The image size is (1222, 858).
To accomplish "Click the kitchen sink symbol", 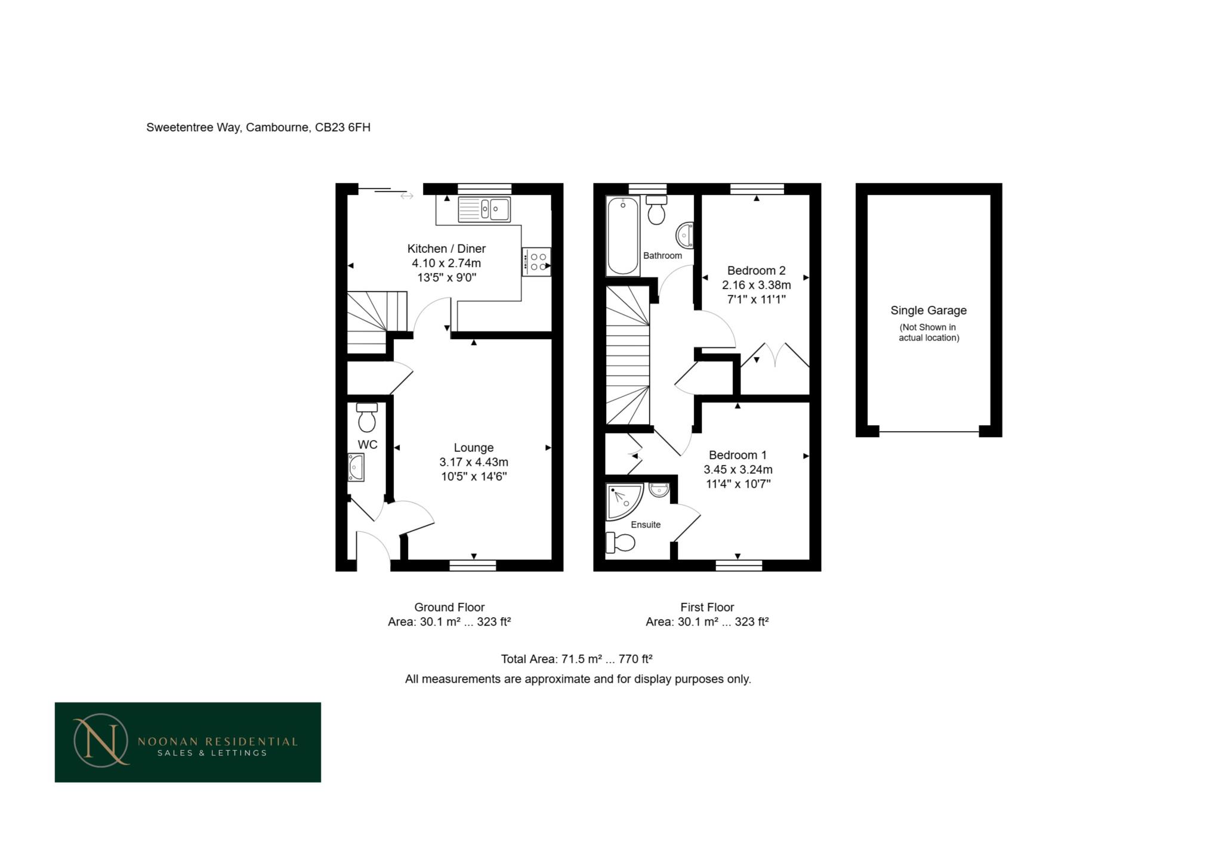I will (484, 209).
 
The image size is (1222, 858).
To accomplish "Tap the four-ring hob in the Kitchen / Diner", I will (536, 262).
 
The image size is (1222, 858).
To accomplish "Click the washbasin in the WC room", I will (356, 467).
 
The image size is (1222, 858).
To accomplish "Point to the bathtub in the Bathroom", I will (622, 236).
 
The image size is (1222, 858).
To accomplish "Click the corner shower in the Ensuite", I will (622, 501).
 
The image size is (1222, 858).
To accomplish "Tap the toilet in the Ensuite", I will (621, 543).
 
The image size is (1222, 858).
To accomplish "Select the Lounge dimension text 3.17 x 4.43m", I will (474, 462).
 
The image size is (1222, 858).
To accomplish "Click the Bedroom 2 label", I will (756, 271).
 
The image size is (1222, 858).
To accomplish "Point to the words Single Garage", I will (928, 311).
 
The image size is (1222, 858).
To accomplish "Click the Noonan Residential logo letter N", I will (99, 741).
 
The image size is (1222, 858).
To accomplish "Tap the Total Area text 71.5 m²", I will (576, 659).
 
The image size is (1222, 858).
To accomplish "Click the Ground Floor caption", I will (449, 608).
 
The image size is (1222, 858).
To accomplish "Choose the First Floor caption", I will (707, 608).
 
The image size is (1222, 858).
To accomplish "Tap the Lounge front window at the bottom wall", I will (473, 565).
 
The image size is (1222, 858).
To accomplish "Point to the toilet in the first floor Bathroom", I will (656, 210).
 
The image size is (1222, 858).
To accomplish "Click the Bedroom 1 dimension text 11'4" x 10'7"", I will (738, 484).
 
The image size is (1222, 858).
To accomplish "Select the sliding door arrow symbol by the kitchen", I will (407, 196).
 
